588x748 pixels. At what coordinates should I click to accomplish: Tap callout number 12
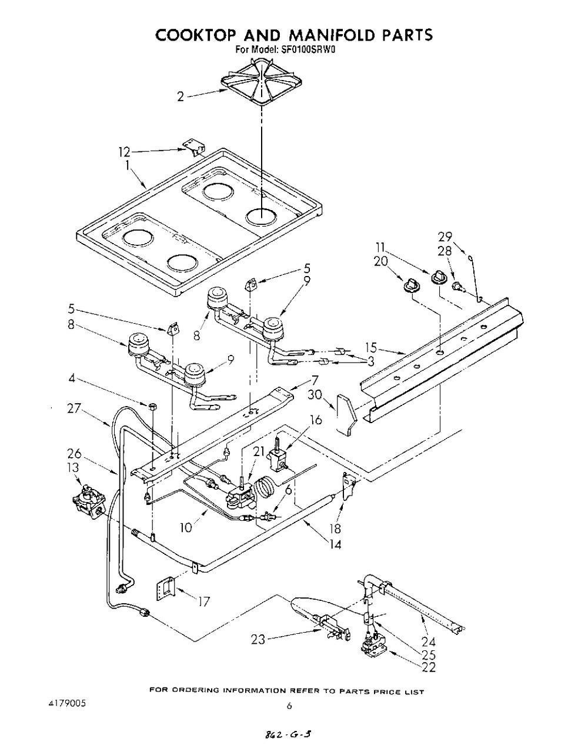coord(124,152)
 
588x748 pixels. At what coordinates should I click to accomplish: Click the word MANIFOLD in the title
coord(332,35)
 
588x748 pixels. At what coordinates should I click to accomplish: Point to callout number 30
coord(315,394)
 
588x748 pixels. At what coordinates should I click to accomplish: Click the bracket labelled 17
coord(165,589)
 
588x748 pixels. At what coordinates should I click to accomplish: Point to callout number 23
coord(258,639)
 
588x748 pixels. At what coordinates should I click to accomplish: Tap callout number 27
coord(74,408)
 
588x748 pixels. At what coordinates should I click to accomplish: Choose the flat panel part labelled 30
coord(346,414)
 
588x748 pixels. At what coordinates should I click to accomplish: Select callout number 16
coord(315,420)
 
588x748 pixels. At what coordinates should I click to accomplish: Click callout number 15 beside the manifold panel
coord(371,347)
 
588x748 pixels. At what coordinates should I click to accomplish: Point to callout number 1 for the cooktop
coord(128,165)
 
